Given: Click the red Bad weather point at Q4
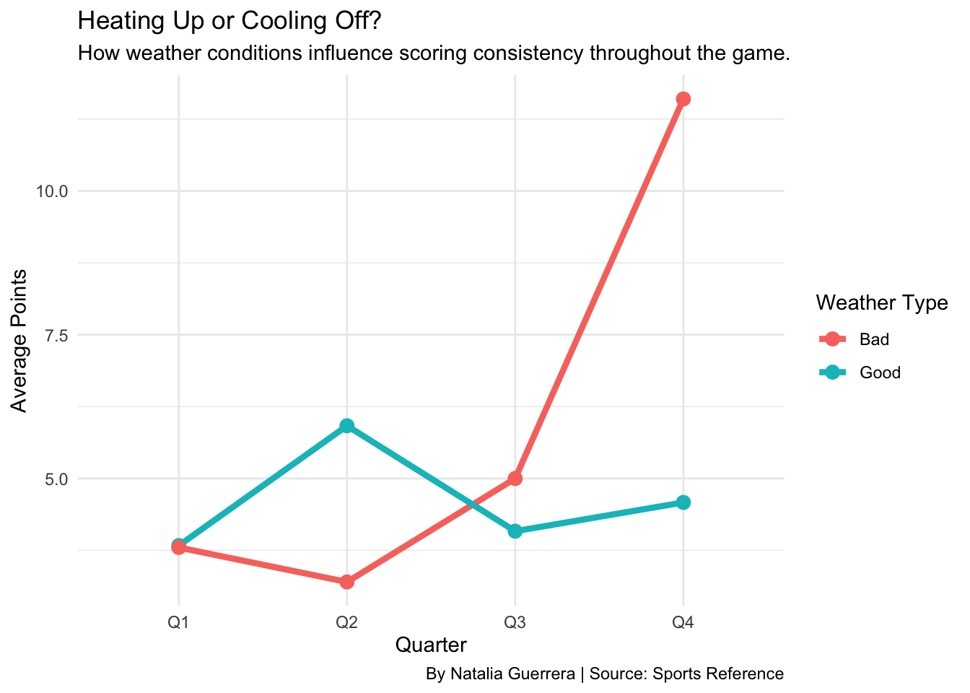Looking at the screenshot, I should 683,99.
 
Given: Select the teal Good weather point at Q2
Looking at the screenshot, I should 347,426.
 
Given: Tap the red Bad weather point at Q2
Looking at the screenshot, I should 347,582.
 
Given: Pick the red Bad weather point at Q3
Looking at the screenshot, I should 515,479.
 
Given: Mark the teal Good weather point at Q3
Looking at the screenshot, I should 515,531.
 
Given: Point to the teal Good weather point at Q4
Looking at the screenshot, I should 683,502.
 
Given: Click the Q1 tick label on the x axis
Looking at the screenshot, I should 179,622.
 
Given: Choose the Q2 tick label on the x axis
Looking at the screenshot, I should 347,622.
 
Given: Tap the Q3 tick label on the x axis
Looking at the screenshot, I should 515,622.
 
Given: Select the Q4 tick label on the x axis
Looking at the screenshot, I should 683,622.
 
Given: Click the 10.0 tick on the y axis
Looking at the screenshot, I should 51,191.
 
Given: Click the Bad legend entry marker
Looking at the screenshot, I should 833,339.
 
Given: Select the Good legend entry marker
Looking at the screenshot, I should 833,372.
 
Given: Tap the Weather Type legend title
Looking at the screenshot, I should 881,303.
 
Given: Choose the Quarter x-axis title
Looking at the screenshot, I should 431,645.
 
